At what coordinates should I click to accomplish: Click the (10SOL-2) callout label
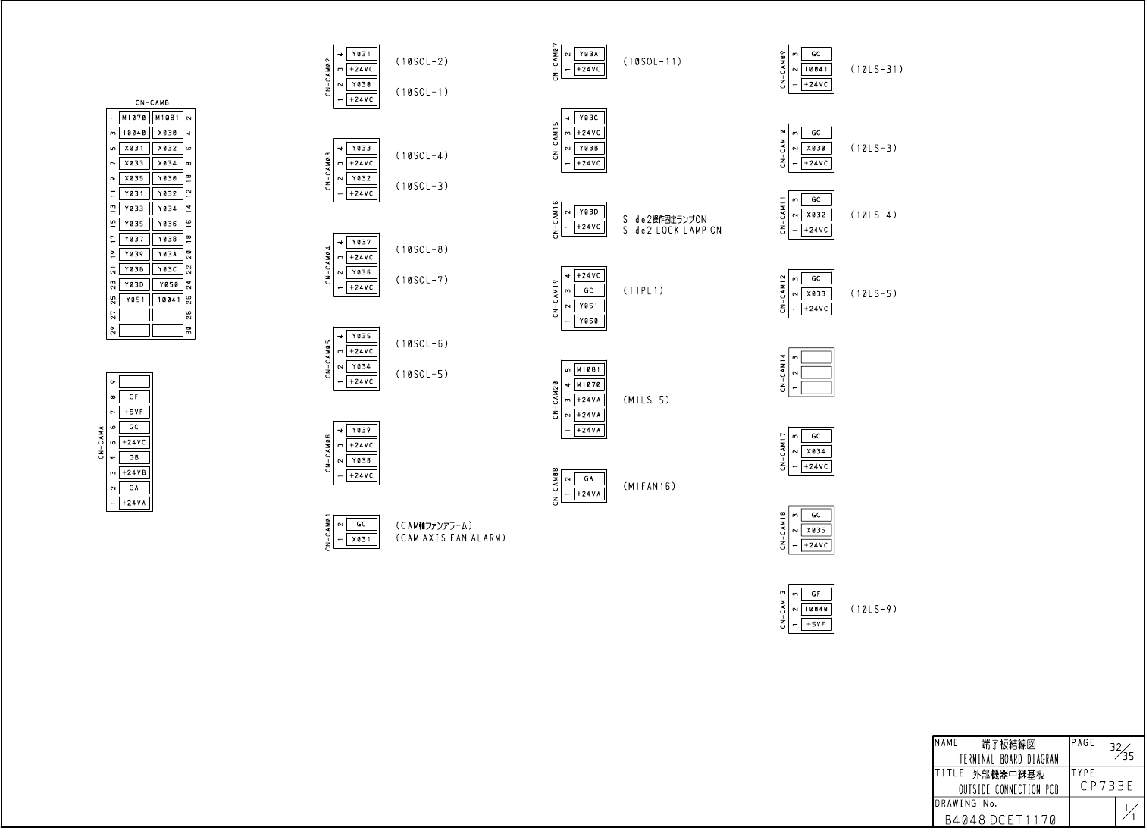[421, 61]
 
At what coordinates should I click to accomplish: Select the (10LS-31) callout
[876, 69]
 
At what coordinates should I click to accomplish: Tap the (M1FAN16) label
[649, 486]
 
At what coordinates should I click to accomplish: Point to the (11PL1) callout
[643, 290]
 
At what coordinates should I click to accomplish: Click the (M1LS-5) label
[646, 400]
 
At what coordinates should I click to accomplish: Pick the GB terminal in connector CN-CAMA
[134, 457]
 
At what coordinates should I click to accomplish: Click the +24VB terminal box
[134, 472]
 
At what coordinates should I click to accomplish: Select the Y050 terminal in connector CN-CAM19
[589, 321]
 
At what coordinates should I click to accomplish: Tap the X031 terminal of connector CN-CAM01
[362, 539]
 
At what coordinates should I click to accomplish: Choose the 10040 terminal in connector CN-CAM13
[816, 609]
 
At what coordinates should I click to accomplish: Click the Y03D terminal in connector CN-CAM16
[589, 212]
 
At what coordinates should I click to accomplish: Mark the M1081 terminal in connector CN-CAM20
[589, 369]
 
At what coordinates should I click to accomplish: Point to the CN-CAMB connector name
[152, 102]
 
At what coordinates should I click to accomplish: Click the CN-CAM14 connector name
[782, 372]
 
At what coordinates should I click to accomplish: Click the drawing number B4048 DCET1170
[1000, 820]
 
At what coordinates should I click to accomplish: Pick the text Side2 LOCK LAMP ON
[672, 231]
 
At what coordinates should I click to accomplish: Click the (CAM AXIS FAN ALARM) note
[450, 538]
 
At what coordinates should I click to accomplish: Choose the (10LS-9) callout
[873, 609]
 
